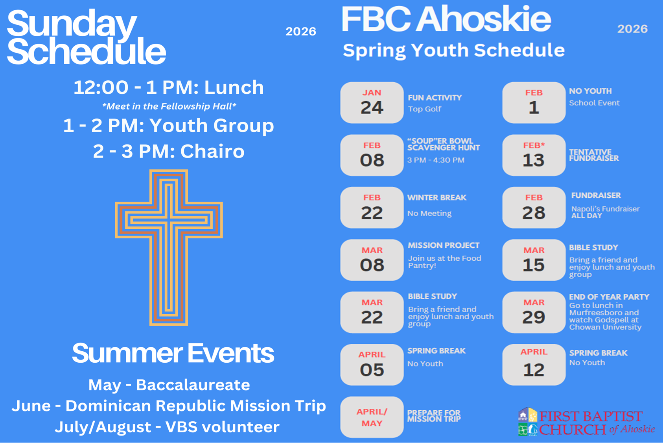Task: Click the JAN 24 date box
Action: point(372,102)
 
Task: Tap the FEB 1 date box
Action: point(534,102)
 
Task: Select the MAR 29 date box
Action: point(534,312)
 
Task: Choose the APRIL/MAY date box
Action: point(372,417)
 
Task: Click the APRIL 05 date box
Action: point(372,365)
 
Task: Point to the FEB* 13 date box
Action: point(534,155)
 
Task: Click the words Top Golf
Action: point(424,109)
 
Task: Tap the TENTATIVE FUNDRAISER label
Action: point(594,155)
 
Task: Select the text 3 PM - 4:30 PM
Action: point(436,160)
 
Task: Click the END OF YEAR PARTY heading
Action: point(609,297)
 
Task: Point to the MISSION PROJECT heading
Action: point(444,245)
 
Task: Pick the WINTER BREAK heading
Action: point(437,198)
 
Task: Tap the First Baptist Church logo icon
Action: point(528,422)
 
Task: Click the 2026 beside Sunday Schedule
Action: point(301,32)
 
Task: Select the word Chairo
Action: point(212,152)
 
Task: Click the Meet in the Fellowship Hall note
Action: point(169,106)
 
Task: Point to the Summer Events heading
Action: point(173,353)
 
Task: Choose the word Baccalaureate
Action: point(193,385)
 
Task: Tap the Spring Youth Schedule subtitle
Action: point(454,50)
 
